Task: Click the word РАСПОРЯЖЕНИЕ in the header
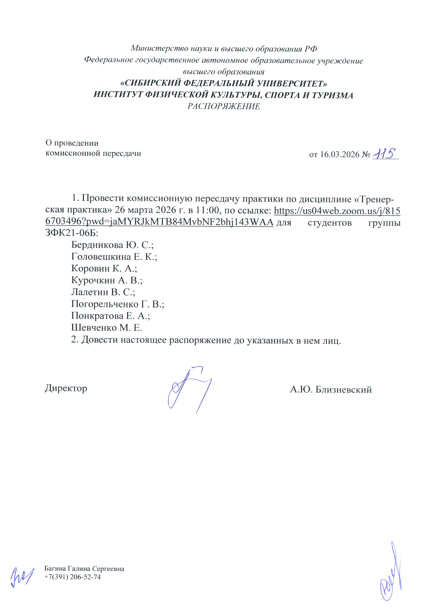pos(224,106)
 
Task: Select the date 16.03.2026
pos(340,155)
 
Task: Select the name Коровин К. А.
pos(104,268)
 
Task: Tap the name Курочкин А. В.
pos(107,280)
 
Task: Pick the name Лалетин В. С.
pos(103,292)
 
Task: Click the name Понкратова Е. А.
pos(110,316)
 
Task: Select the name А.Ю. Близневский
pos(331,390)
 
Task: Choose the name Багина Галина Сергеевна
pos(84,569)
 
